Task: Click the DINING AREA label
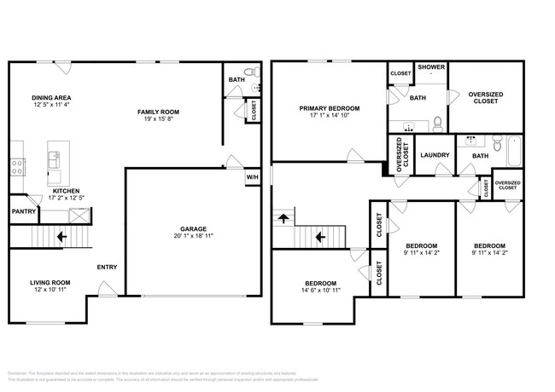coord(50,98)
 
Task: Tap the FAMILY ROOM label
coord(159,112)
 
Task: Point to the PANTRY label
coord(22,211)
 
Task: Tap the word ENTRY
coord(107,267)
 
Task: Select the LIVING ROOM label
coord(50,283)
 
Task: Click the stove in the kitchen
coord(15,167)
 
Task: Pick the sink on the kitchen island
coord(55,156)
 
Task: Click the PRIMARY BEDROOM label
coord(329,108)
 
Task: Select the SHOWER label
coord(431,67)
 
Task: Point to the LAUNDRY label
coord(435,155)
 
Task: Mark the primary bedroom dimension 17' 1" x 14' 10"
coord(329,117)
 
